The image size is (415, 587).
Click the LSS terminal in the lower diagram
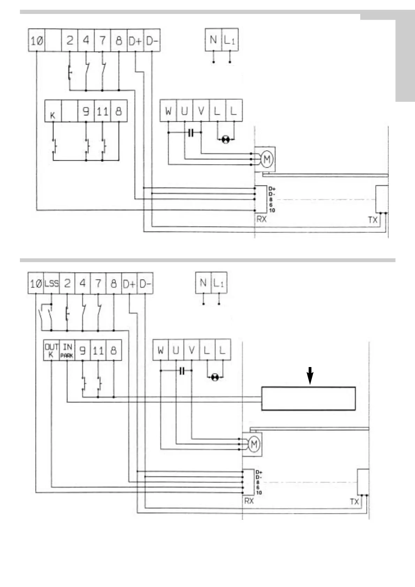(x=52, y=283)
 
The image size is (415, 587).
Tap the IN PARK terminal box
(x=67, y=350)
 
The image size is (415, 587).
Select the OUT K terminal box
(x=51, y=350)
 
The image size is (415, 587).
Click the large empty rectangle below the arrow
(x=308, y=398)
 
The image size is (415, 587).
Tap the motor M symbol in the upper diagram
(x=267, y=160)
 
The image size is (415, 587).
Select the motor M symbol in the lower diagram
(x=254, y=444)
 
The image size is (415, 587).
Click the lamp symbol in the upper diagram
(x=226, y=140)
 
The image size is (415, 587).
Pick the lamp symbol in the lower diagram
(x=215, y=377)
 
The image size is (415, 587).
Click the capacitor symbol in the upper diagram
(x=190, y=132)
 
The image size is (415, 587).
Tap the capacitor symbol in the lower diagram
(x=181, y=371)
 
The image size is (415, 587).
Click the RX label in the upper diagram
(x=261, y=219)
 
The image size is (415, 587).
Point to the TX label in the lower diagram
(x=354, y=502)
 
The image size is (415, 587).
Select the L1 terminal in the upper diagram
(x=229, y=40)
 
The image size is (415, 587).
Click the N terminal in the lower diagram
(x=203, y=283)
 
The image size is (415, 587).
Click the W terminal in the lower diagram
(x=160, y=350)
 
